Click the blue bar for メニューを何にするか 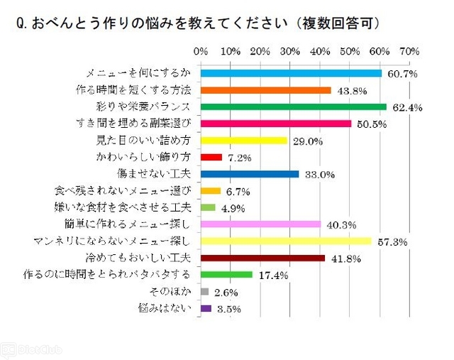click(291, 73)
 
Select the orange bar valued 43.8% click(266, 90)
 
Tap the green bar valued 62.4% click(294, 107)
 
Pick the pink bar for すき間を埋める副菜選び click(276, 124)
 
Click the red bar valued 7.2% click(211, 157)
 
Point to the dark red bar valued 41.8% click(263, 258)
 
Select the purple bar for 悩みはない click(206, 308)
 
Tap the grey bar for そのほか click(205, 292)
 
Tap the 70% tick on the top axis click(409, 53)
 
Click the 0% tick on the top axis click(201, 53)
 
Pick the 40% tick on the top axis click(320, 53)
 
